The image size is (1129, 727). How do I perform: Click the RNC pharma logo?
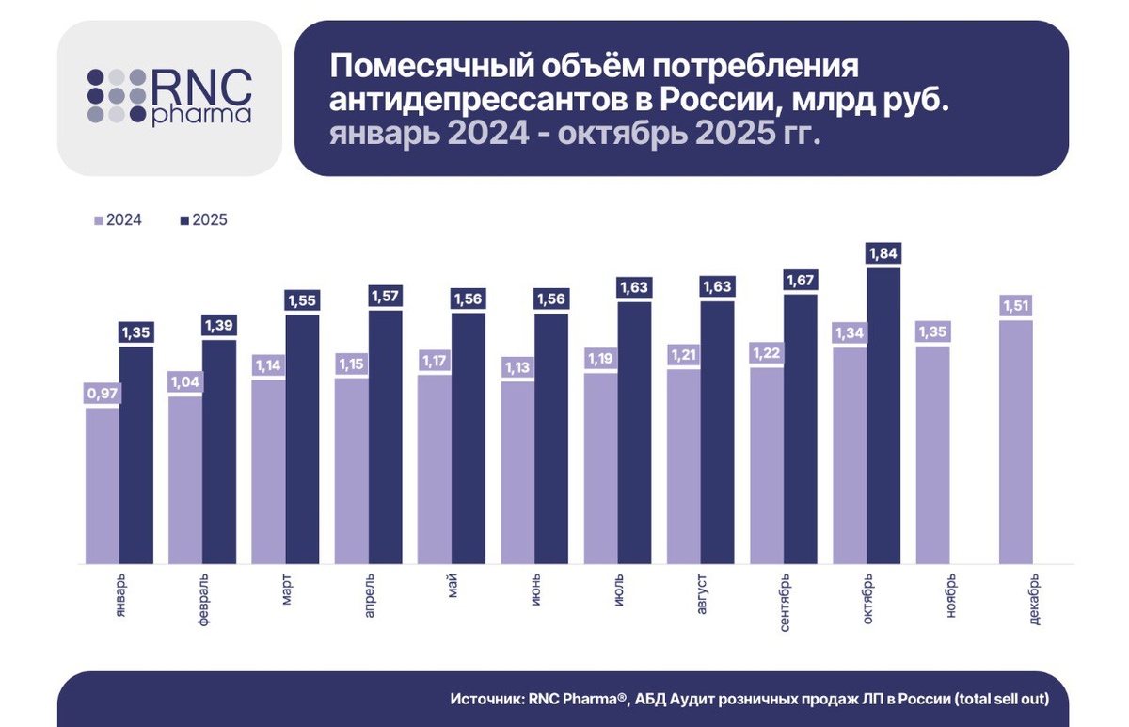(x=169, y=98)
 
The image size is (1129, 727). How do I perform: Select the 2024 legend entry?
(x=118, y=220)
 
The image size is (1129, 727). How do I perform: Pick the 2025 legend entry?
(x=203, y=220)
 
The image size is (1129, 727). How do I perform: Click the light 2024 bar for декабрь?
(x=1016, y=443)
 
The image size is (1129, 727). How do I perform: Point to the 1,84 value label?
(x=883, y=253)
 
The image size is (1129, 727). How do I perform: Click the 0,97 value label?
(x=103, y=393)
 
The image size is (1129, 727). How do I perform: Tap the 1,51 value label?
(x=1016, y=305)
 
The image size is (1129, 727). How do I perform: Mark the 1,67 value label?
(x=800, y=280)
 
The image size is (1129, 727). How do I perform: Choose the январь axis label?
(x=119, y=592)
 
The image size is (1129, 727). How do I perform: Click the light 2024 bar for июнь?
(x=517, y=471)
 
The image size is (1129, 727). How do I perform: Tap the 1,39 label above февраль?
(x=219, y=325)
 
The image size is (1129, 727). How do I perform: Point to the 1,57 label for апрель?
(x=385, y=296)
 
